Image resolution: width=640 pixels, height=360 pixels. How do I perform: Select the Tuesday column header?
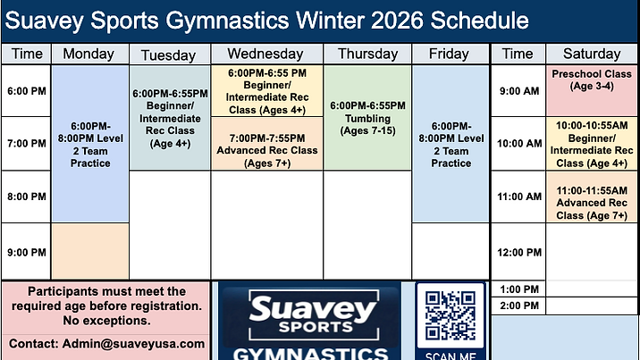169,54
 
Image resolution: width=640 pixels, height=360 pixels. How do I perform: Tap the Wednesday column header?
265,54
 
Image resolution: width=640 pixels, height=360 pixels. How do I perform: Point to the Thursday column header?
367,54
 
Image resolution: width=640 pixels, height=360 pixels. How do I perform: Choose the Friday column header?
449,54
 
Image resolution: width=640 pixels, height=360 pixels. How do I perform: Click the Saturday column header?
585,54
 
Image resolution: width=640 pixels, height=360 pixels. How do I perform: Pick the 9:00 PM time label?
26,252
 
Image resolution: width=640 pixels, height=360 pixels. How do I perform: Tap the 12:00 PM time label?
518,252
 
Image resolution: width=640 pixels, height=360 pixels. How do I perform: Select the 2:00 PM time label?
518,306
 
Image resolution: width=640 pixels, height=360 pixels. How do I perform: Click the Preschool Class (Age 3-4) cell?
585,80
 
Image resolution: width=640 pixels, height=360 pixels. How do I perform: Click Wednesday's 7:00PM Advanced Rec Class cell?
266,144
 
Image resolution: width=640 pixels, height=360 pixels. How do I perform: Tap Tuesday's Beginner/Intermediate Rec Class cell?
169,118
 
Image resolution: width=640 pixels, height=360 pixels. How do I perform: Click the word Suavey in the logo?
299,309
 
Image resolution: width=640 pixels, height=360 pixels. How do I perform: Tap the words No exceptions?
107,321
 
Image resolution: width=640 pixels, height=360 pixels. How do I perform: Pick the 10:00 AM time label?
518,143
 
